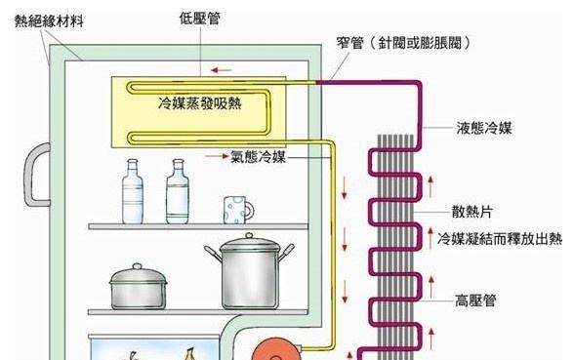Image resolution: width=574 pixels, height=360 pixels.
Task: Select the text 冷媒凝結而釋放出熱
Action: click(499, 238)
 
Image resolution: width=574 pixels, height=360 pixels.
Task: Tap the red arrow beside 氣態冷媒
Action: click(216, 154)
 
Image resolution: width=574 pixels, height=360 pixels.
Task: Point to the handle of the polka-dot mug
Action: click(249, 208)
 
